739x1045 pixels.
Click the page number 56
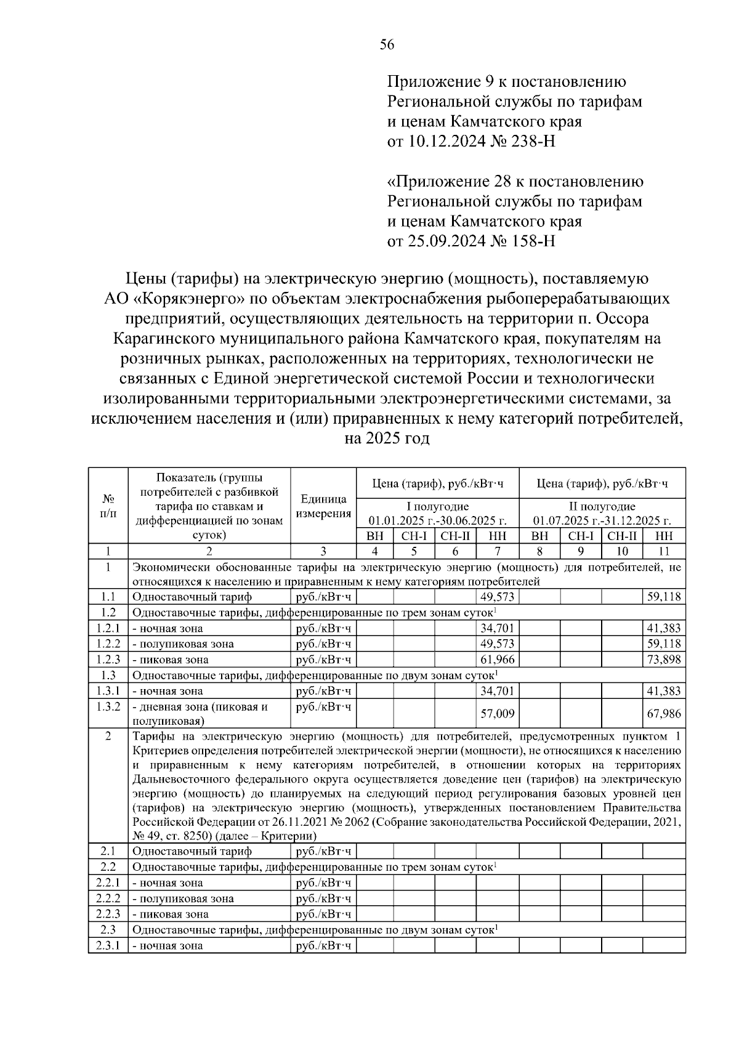click(x=387, y=45)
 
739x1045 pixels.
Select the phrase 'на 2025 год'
click(x=387, y=439)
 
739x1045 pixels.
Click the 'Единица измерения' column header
click(x=323, y=506)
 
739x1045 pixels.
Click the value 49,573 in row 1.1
click(x=497, y=597)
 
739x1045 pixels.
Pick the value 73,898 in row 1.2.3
click(x=663, y=660)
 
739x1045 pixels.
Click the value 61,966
click(x=497, y=660)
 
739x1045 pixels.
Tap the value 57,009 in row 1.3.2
click(x=497, y=714)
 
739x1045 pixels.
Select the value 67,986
click(x=663, y=714)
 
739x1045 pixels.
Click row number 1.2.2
click(x=108, y=644)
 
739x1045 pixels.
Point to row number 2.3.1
click(x=108, y=945)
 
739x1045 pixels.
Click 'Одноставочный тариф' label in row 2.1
click(x=192, y=851)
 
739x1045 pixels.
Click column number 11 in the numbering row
click(x=663, y=551)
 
